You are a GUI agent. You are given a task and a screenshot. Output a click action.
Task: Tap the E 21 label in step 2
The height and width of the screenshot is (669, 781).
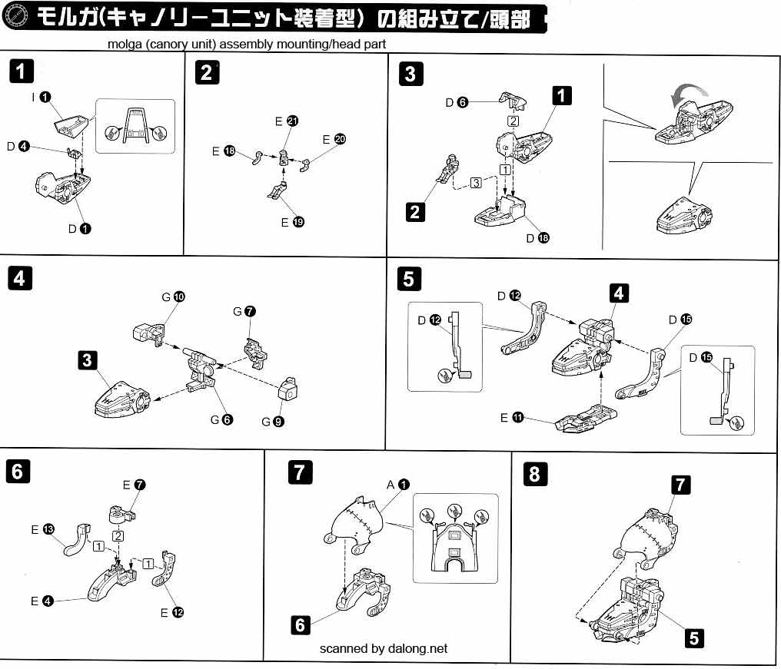[286, 121]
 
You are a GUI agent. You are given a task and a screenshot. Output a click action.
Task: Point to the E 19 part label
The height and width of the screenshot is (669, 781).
[292, 222]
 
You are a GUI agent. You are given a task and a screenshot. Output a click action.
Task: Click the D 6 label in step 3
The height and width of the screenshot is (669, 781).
[456, 102]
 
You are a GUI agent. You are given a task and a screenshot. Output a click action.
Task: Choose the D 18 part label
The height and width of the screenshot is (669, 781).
[537, 238]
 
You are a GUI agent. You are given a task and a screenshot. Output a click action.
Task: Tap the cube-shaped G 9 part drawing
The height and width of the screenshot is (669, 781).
[289, 389]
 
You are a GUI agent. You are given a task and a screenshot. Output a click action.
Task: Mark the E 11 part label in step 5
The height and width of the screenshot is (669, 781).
[511, 418]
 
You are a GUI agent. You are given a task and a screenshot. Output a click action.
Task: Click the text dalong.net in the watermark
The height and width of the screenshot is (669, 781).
[417, 648]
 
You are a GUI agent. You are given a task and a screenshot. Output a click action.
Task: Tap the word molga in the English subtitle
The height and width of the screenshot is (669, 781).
[124, 45]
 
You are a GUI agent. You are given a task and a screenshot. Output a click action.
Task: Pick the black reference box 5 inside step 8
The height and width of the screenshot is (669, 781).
[694, 637]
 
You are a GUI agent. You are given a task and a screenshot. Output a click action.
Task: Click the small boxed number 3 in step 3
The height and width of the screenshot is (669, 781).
[477, 183]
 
